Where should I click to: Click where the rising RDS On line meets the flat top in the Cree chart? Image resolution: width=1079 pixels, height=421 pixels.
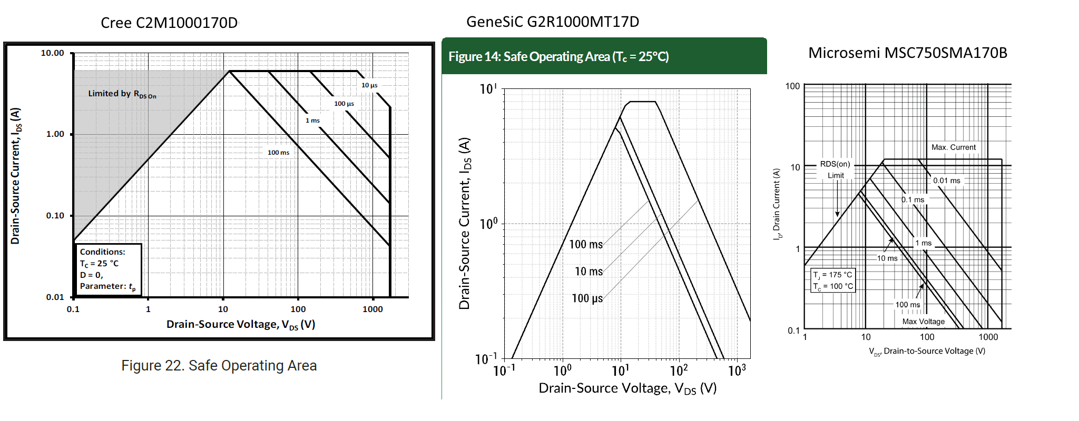click(229, 71)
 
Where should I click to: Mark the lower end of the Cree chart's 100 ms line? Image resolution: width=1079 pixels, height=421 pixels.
click(390, 246)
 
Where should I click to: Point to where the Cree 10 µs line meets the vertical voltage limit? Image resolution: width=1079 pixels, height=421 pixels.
click(390, 107)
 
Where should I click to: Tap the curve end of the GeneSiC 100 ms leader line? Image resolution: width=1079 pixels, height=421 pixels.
click(649, 201)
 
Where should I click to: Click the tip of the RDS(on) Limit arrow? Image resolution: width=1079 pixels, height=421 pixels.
click(837, 216)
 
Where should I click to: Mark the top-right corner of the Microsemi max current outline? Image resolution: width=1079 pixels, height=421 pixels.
click(1002, 159)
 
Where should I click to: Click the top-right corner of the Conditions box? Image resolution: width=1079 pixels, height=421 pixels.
click(141, 244)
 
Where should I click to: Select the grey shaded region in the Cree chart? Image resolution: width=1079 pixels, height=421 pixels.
click(132, 121)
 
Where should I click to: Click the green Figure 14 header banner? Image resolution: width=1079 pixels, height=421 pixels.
click(604, 56)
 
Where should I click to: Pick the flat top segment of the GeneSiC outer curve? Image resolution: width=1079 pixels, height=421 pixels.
click(643, 102)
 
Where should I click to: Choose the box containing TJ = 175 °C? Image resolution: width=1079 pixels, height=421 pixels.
click(832, 280)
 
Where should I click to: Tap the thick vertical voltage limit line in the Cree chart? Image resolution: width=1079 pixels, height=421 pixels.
click(390, 202)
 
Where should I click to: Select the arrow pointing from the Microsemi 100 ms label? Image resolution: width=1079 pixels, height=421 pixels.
click(920, 292)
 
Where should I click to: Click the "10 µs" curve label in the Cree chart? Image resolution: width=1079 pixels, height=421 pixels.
click(369, 85)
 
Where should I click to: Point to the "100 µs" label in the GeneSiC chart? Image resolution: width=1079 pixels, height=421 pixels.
click(587, 298)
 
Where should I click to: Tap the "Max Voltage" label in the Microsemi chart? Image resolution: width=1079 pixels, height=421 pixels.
click(924, 322)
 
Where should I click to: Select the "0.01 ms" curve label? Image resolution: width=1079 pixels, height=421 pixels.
click(947, 181)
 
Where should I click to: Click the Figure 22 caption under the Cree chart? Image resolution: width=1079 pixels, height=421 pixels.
click(219, 366)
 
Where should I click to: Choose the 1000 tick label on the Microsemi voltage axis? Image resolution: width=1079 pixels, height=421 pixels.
click(988, 337)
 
